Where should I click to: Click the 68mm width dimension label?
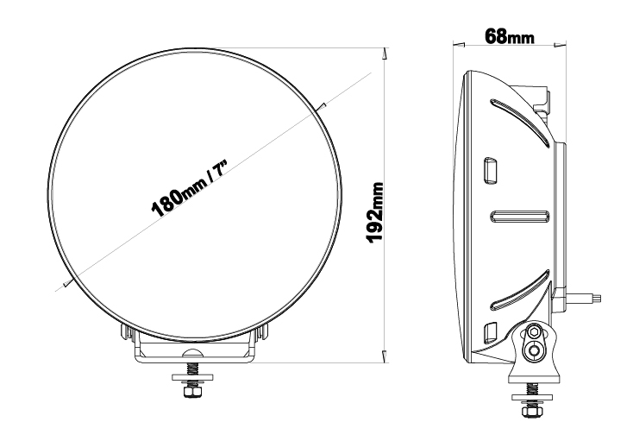tap(510, 36)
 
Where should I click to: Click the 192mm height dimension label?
tap(375, 213)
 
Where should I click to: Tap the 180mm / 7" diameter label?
tap(190, 187)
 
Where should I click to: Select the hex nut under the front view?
tap(192, 392)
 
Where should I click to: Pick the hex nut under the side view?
tap(531, 411)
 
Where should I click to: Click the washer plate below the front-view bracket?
tap(192, 377)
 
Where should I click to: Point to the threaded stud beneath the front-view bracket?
tap(192, 369)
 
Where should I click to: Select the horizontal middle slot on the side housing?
tap(520, 217)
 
